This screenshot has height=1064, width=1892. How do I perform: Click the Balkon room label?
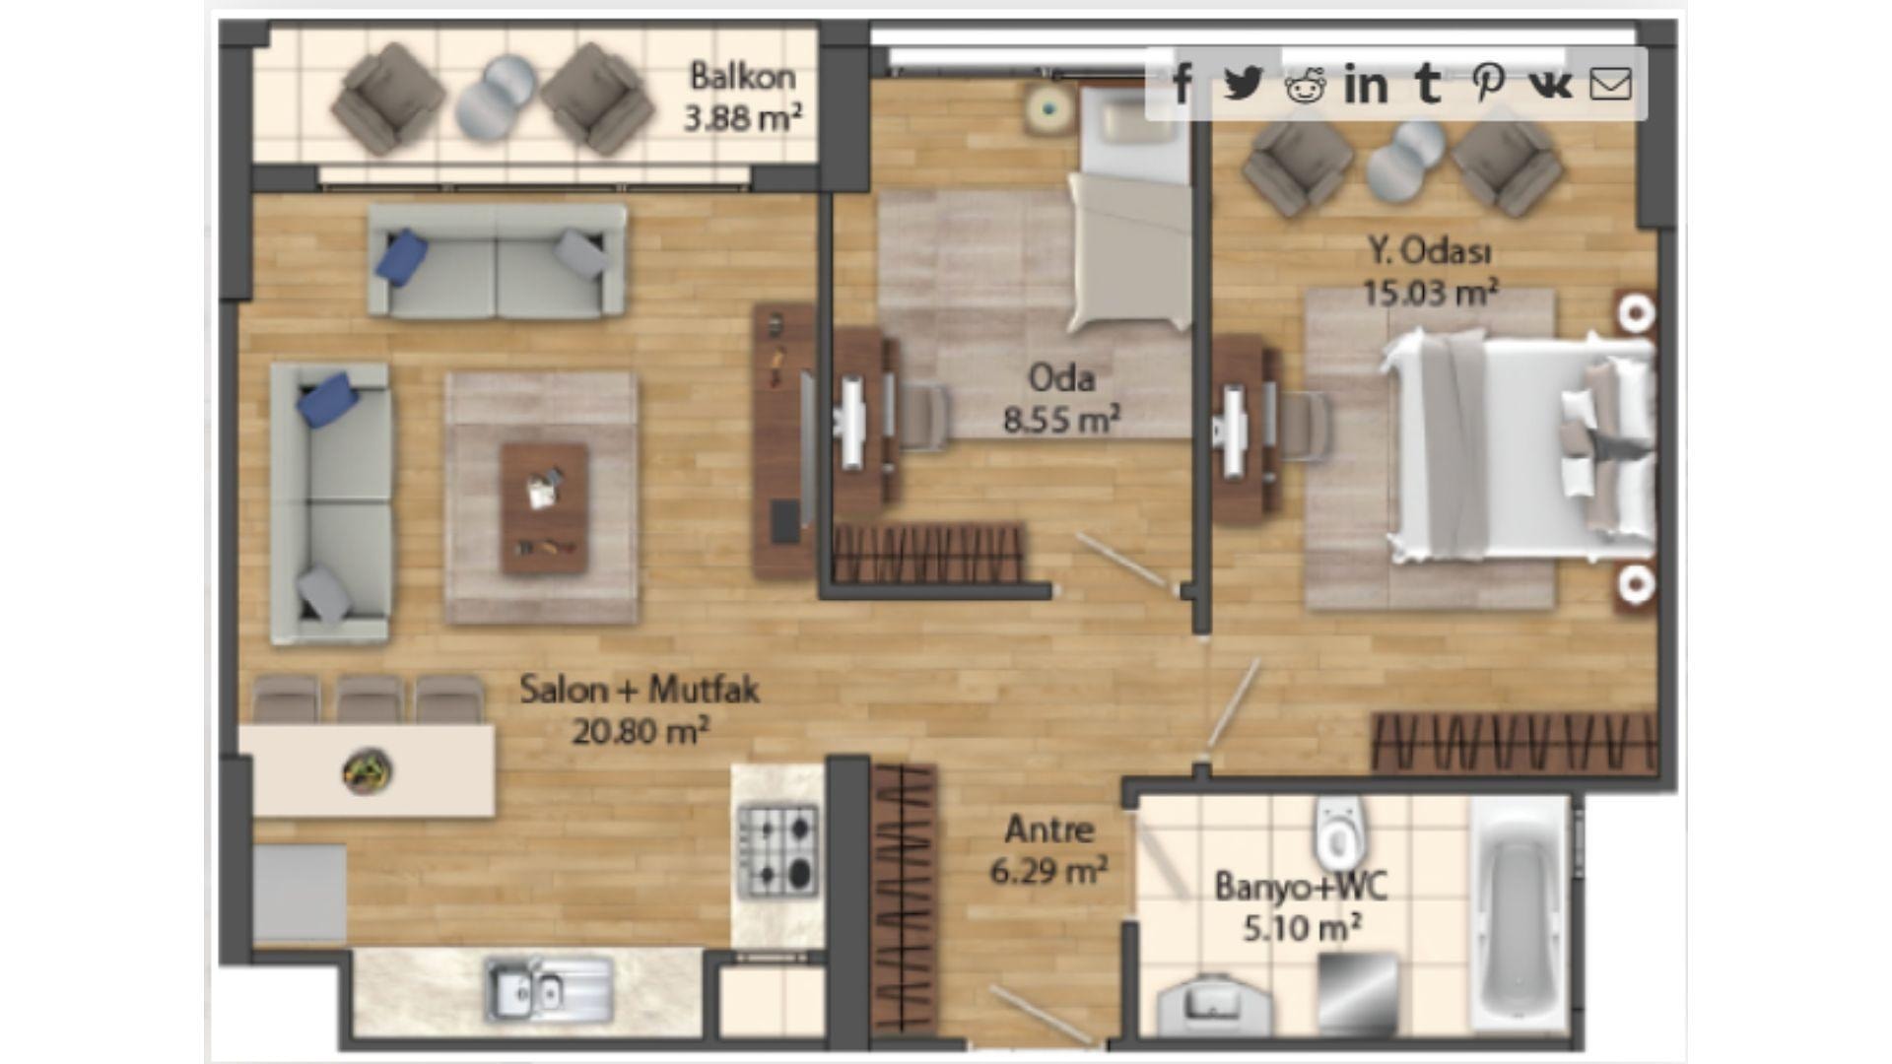742,76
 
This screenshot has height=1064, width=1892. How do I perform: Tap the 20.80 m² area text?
641,731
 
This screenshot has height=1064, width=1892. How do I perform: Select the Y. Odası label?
1430,251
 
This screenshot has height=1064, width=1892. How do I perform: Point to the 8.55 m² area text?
1061,420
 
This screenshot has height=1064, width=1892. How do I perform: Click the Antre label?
1048,830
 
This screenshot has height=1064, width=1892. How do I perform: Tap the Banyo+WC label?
1301,886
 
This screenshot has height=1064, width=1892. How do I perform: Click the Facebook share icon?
1182,84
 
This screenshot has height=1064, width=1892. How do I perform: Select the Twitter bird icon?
1243,84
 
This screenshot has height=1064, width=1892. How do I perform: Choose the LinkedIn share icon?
1366,85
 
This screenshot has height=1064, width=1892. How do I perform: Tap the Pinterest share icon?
1488,84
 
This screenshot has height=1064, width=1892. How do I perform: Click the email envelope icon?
1611,85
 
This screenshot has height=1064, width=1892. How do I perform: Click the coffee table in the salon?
544,507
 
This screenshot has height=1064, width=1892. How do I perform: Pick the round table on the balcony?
495,98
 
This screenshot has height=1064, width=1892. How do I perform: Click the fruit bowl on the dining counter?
368,770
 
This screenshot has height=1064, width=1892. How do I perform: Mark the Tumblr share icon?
1427,84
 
